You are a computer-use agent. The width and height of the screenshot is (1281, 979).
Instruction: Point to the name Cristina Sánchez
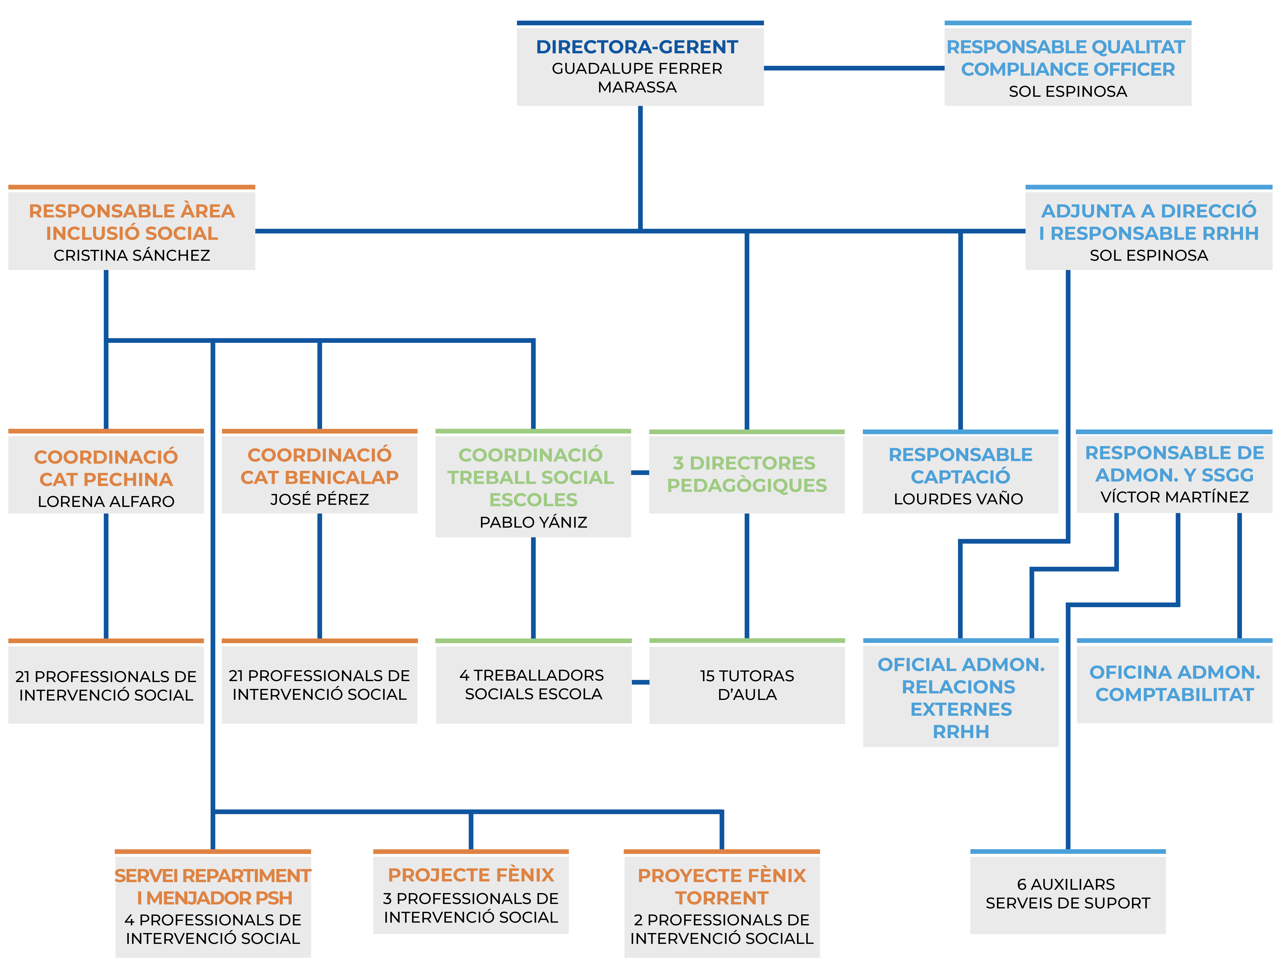[132, 255]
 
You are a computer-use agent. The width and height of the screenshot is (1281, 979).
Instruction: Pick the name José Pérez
[319, 499]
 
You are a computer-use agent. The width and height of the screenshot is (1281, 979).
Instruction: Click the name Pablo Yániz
[533, 522]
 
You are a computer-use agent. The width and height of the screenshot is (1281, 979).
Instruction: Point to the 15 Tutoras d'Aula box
[747, 685]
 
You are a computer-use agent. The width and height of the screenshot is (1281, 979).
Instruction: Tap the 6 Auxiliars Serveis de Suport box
[1067, 893]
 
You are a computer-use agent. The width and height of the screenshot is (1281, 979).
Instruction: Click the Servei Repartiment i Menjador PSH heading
[213, 886]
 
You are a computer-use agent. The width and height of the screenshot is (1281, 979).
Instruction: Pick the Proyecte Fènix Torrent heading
[722, 886]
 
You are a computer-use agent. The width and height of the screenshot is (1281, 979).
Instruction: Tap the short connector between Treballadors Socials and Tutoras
[640, 682]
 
